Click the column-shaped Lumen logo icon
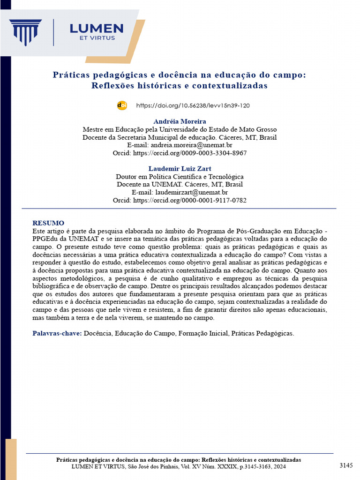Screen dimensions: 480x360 coord(26,32)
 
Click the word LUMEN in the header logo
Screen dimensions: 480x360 coord(97,29)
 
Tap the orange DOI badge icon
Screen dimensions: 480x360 coord(122,105)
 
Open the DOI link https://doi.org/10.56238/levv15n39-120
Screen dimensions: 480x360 coord(193,105)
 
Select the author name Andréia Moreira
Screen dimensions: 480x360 coord(180,121)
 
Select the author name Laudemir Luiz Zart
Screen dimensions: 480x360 coord(180,168)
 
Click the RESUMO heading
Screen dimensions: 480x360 coord(48,223)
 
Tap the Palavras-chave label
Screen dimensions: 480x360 coord(57,333)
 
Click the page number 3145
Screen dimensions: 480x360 coord(346,465)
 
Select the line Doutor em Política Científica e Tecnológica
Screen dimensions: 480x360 coord(180,177)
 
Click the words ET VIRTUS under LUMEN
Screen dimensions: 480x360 coord(97,38)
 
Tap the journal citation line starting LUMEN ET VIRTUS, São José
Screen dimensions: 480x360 coord(178,467)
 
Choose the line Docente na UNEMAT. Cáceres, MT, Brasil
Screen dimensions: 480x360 coord(180,184)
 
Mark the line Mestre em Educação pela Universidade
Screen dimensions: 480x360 coord(180,129)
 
